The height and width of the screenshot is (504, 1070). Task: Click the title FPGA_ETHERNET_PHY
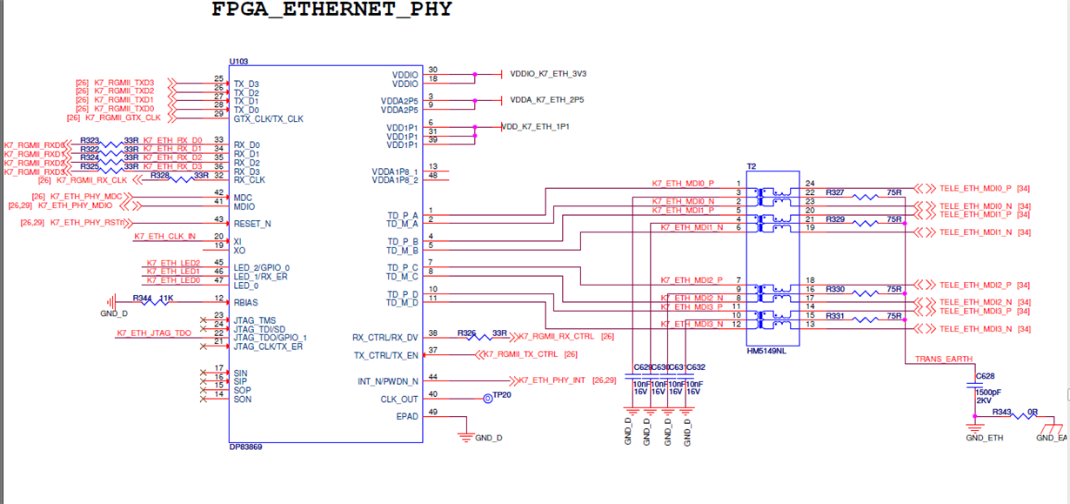tap(332, 10)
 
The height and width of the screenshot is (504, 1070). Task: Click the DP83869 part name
tap(245, 446)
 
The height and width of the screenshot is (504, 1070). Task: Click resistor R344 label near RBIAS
tap(141, 298)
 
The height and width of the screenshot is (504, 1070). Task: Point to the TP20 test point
tap(503, 395)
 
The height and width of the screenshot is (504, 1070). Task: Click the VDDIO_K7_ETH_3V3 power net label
tap(547, 75)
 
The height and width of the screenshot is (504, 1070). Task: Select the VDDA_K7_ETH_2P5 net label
tap(546, 100)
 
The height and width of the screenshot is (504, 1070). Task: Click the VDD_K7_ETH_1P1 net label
tap(536, 127)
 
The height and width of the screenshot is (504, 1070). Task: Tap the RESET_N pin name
tap(252, 224)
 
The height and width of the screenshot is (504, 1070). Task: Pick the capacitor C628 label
tap(985, 376)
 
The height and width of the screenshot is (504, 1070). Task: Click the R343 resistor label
tap(1002, 412)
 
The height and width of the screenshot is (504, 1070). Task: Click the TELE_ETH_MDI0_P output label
tap(974, 188)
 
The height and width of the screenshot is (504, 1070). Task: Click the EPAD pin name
tap(408, 416)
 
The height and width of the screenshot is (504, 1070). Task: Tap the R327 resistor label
tap(835, 192)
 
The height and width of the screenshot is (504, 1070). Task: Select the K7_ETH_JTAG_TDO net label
tap(154, 333)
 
